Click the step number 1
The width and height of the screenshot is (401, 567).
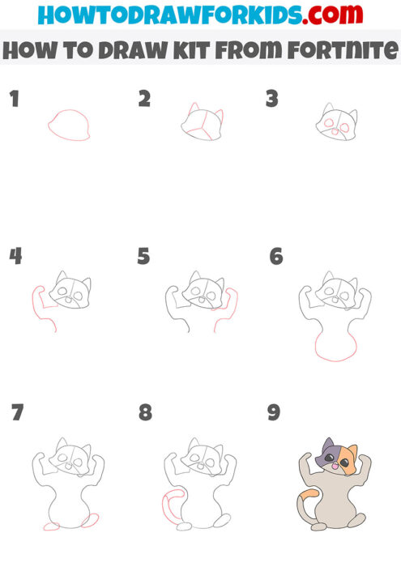[14, 100]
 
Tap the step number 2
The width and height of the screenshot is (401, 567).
[144, 100]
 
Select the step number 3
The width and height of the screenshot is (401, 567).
[273, 100]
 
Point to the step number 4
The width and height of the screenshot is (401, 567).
[15, 257]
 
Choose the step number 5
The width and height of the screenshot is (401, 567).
[144, 257]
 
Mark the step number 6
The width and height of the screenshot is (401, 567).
[276, 257]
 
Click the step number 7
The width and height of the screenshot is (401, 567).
[18, 413]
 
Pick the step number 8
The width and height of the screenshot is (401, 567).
[145, 413]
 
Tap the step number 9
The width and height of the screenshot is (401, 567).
[274, 413]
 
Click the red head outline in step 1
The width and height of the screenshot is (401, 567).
[69, 126]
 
